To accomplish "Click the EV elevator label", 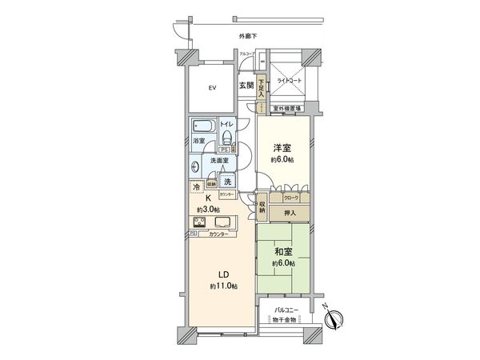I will (213, 87).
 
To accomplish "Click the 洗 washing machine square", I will (228, 182).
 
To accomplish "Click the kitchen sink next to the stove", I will (222, 222).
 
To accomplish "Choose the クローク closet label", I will (292, 196).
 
